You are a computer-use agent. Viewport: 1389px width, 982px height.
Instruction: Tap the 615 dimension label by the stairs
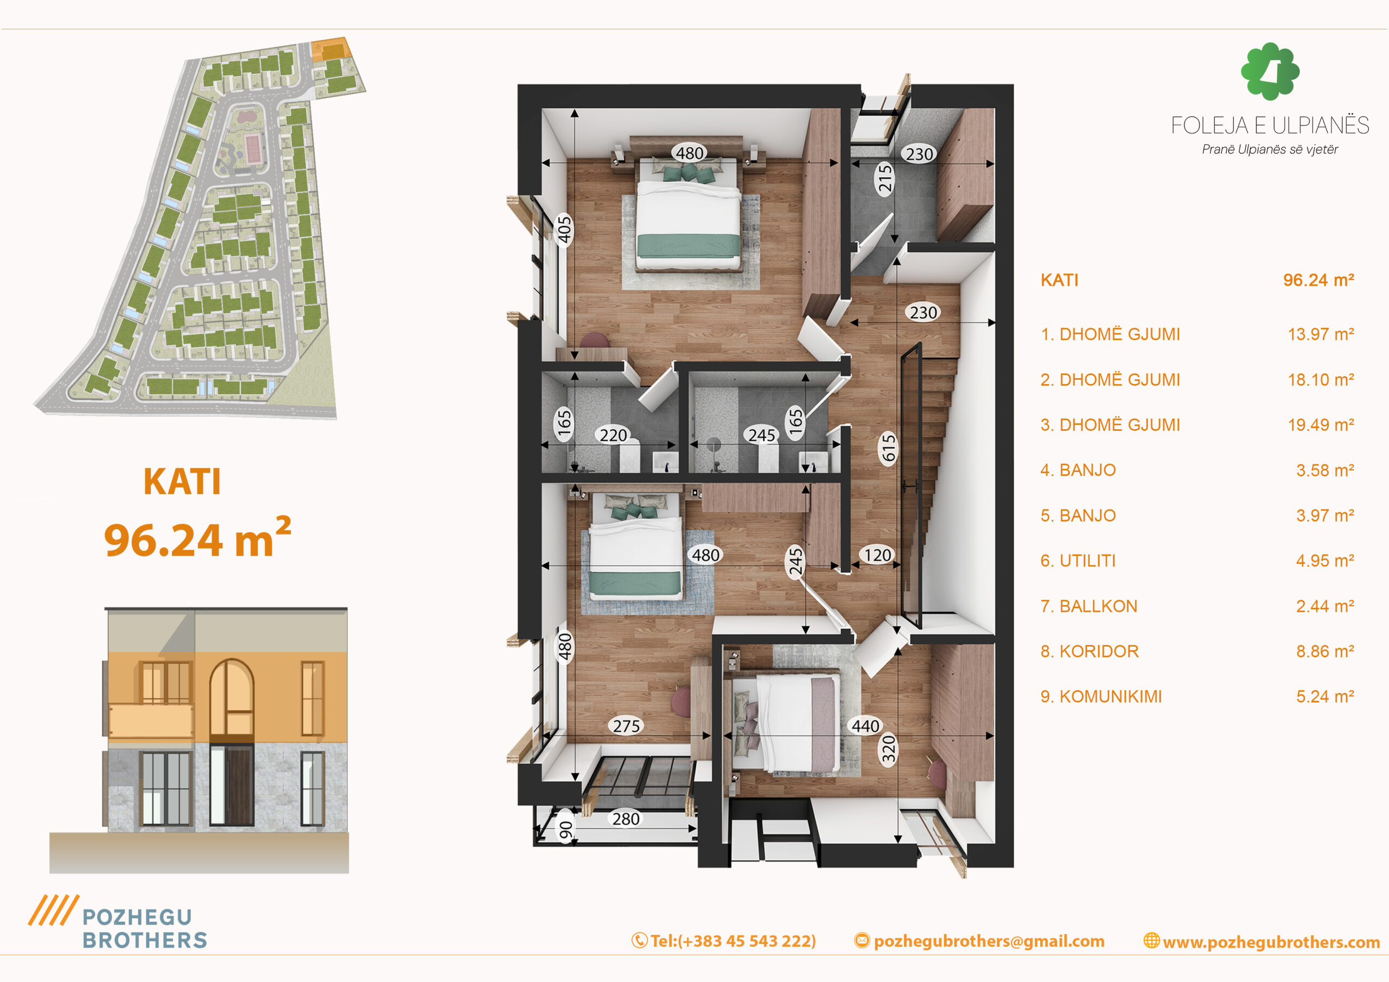pyautogui.click(x=888, y=448)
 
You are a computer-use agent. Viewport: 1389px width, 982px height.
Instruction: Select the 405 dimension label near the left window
pyautogui.click(x=564, y=230)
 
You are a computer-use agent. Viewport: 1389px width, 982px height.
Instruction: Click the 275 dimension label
pyautogui.click(x=626, y=726)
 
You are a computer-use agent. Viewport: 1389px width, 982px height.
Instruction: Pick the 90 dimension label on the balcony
pyautogui.click(x=565, y=830)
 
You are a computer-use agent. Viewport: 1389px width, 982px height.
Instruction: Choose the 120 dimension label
pyautogui.click(x=877, y=555)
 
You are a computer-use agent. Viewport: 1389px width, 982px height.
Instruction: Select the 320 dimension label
pyautogui.click(x=888, y=750)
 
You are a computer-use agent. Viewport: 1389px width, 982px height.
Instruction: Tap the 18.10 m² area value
pyautogui.click(x=1321, y=380)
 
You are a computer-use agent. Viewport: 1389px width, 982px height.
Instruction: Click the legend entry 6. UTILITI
pyautogui.click(x=1078, y=561)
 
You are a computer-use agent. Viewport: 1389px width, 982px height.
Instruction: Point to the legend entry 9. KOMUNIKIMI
pyautogui.click(x=1101, y=697)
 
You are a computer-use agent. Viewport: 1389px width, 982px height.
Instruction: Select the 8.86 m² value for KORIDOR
pyautogui.click(x=1325, y=652)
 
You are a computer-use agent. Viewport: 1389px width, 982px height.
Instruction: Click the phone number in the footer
pyautogui.click(x=724, y=941)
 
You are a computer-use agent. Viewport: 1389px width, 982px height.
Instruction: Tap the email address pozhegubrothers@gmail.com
pyautogui.click(x=979, y=941)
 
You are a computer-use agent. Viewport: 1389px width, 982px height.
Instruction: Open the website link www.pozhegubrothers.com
pyautogui.click(x=1262, y=942)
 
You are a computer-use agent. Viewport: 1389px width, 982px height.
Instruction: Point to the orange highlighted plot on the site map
pyautogui.click(x=331, y=49)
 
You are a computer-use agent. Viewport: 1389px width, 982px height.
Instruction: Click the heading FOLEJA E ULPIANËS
pyautogui.click(x=1270, y=125)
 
